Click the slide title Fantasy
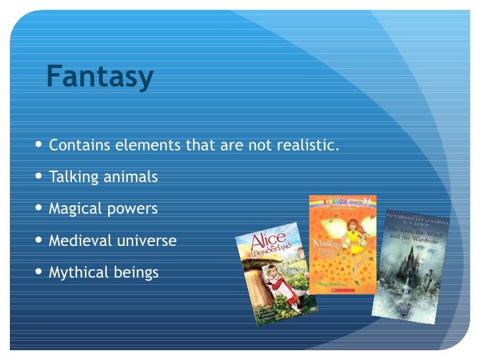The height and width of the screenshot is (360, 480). [x=100, y=78]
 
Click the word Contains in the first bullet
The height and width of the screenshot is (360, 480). [x=73, y=145]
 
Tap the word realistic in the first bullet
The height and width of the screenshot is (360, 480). [x=308, y=145]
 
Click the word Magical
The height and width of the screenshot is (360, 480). [x=74, y=209]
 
